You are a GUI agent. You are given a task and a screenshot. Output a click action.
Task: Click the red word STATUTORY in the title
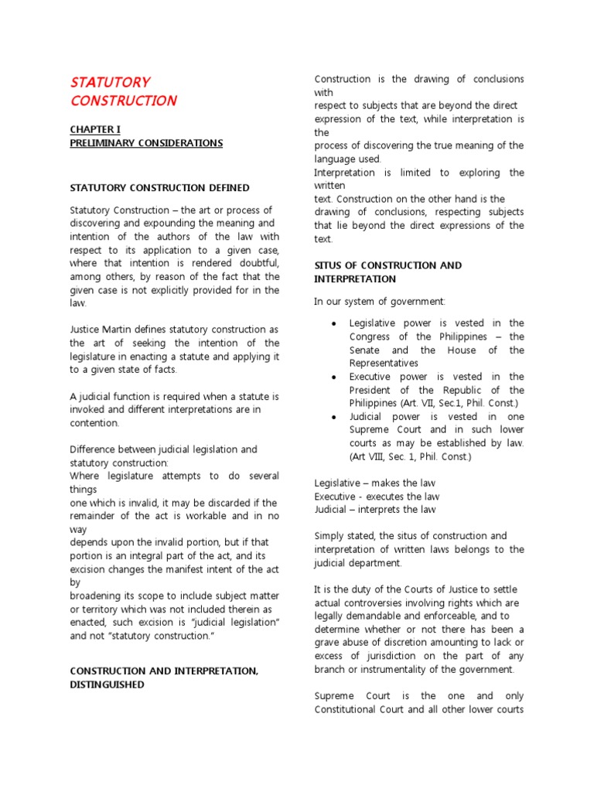click(x=110, y=82)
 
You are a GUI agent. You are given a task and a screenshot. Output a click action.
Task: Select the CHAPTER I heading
click(x=95, y=129)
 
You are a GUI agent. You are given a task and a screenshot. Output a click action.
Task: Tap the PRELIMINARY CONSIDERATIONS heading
click(x=146, y=143)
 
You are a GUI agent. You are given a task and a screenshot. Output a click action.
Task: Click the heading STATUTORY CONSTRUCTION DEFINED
click(x=159, y=187)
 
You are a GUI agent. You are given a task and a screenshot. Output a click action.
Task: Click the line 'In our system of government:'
click(x=380, y=301)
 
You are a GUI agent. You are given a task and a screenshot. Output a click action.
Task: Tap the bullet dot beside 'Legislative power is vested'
click(x=333, y=323)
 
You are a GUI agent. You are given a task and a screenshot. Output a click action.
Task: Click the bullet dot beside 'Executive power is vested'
click(x=333, y=377)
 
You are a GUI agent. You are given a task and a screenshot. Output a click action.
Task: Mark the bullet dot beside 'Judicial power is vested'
click(x=333, y=417)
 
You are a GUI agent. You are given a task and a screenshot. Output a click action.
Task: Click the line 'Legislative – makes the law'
click(x=375, y=483)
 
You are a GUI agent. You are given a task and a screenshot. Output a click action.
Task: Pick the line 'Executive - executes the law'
click(x=376, y=497)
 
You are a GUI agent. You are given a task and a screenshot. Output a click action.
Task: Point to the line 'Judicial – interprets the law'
click(x=375, y=510)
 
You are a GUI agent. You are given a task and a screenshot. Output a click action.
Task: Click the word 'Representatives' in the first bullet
click(x=384, y=363)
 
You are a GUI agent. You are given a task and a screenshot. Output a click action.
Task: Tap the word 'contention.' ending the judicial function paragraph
click(x=95, y=423)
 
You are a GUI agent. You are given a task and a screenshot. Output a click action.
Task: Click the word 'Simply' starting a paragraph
click(x=329, y=536)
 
